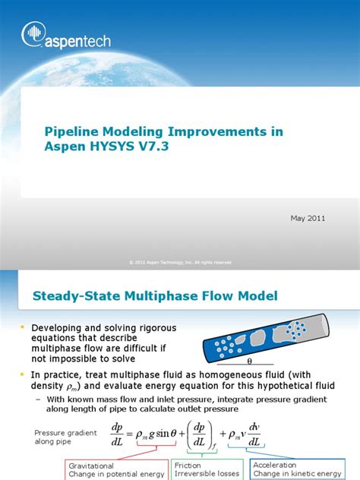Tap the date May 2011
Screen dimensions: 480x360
307,218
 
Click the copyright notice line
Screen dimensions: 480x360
180,262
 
